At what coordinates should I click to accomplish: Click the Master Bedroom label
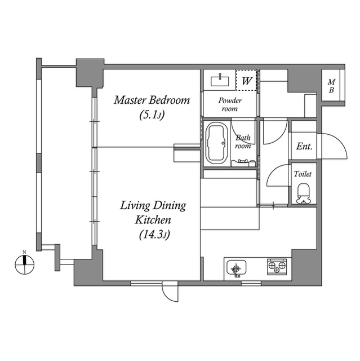point(152,100)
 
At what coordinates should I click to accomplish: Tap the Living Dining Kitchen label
point(153,212)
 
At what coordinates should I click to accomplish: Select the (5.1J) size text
point(152,115)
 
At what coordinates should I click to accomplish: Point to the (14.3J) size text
point(154,235)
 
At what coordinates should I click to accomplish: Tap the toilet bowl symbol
point(303,193)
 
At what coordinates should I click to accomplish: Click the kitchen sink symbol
point(236,268)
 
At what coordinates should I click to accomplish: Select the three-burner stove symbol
point(277,266)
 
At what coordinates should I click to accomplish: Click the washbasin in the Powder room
point(220,81)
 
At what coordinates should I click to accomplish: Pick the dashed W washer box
point(246,80)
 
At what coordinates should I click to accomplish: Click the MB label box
point(331,85)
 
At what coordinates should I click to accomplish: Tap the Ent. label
point(304,146)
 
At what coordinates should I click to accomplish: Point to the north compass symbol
point(25,264)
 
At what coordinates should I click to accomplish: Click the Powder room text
point(230,104)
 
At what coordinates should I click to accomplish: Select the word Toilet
point(303,174)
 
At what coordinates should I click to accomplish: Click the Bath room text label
point(243,142)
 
